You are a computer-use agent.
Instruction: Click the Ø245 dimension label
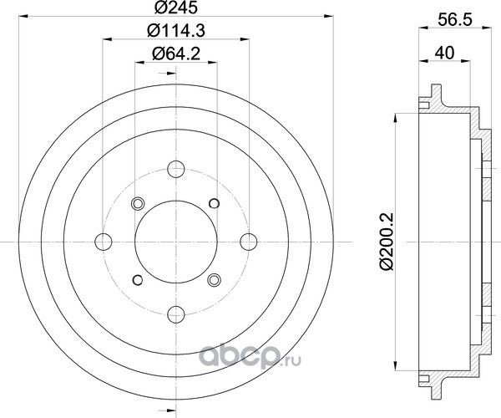pyautogui.click(x=176, y=8)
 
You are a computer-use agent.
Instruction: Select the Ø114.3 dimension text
pyautogui.click(x=176, y=31)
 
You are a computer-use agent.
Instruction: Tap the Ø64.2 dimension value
pyautogui.click(x=176, y=54)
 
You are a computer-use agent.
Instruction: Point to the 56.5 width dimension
pyautogui.click(x=455, y=20)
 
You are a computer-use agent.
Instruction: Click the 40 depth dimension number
pyautogui.click(x=444, y=53)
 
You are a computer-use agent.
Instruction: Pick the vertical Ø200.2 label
pyautogui.click(x=387, y=242)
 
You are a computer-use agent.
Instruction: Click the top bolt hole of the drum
pyautogui.click(x=176, y=169)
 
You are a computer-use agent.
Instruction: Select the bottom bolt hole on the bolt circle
pyautogui.click(x=176, y=314)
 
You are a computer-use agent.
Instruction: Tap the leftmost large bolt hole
pyautogui.click(x=104, y=242)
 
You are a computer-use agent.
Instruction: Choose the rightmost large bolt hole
pyautogui.click(x=249, y=242)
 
